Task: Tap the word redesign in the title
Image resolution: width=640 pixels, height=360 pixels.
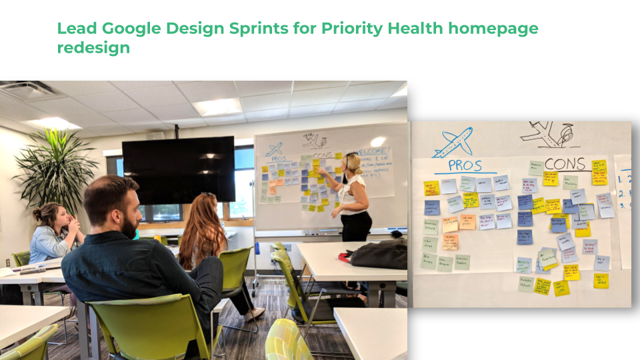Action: coord(93,49)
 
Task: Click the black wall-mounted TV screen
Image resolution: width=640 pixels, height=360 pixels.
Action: coord(178,169)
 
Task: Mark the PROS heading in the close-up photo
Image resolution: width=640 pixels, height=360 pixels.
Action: coord(465,165)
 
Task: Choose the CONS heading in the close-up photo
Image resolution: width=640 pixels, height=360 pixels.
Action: coord(564,164)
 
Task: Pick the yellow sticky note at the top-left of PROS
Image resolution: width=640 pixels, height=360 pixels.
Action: coord(431,188)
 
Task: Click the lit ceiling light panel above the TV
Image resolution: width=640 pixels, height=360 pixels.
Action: coord(217,106)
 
